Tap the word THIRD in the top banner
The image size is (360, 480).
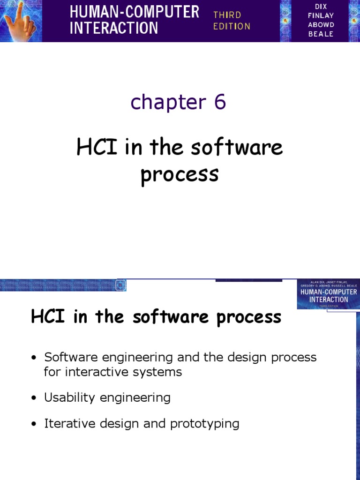click(x=227, y=15)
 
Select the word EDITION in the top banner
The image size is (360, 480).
click(x=232, y=26)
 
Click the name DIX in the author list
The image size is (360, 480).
click(x=321, y=6)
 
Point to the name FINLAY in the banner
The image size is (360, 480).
click(x=321, y=15)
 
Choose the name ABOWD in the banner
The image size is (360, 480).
click(x=321, y=25)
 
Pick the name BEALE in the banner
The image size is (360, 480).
click(x=321, y=34)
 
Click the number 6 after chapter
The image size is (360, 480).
click(x=220, y=102)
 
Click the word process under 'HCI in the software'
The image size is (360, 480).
click(x=180, y=174)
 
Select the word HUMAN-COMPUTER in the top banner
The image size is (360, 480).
click(x=135, y=12)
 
